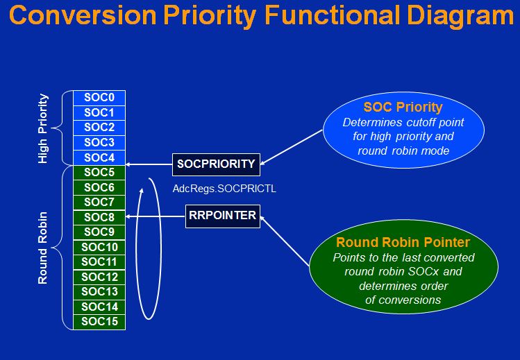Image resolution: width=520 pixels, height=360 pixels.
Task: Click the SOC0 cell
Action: pos(99,98)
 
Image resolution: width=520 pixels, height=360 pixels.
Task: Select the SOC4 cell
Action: pos(99,157)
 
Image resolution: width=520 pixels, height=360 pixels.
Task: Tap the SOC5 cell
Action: pos(99,172)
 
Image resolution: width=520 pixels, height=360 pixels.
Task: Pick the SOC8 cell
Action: pos(99,217)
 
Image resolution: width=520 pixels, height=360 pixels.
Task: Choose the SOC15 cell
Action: pos(99,321)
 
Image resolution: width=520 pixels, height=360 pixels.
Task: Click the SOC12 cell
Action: pos(99,277)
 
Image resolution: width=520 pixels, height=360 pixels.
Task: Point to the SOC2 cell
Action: pos(99,127)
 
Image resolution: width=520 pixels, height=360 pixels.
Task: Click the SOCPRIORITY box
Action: pos(216,164)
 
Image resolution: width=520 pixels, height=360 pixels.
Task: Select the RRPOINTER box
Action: pos(222,216)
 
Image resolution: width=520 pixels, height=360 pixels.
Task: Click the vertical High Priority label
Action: pos(43,128)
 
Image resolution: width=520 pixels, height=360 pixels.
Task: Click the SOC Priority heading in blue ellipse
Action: pos(403,108)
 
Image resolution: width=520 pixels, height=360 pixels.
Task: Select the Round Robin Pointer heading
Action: pos(403,243)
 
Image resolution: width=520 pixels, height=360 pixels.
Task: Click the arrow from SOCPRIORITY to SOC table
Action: pos(149,165)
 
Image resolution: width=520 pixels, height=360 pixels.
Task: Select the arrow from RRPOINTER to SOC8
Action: pos(156,216)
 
